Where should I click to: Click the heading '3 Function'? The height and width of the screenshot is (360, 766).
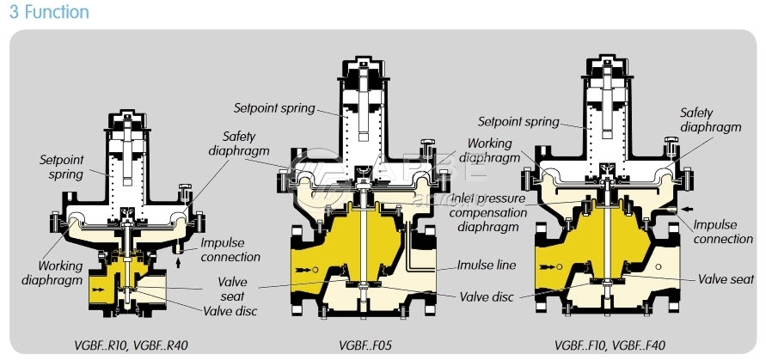coord(49,12)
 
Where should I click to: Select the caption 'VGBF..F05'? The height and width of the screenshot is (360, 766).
coord(366,345)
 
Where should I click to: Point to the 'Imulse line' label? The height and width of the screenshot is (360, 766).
coord(486,265)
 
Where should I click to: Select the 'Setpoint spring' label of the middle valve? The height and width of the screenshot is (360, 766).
coord(274,108)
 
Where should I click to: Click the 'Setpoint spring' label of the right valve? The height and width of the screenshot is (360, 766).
coord(518,122)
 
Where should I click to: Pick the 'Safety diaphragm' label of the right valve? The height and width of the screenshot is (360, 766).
coord(710,119)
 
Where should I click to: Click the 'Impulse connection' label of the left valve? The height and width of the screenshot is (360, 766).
coord(230,250)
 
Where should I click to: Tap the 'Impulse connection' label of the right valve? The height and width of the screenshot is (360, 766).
coord(723,232)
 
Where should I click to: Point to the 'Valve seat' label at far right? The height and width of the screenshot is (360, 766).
coord(726,279)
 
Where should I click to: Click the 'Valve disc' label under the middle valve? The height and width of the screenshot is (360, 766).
coord(486,296)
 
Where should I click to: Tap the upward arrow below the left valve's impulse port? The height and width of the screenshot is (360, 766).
coord(178,264)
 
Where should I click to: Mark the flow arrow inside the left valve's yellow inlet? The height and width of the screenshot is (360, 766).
coord(101,291)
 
